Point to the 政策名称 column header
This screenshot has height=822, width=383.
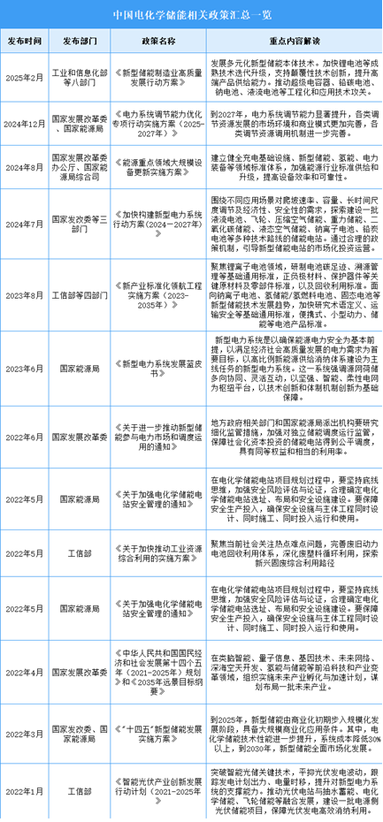(x=155, y=40)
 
